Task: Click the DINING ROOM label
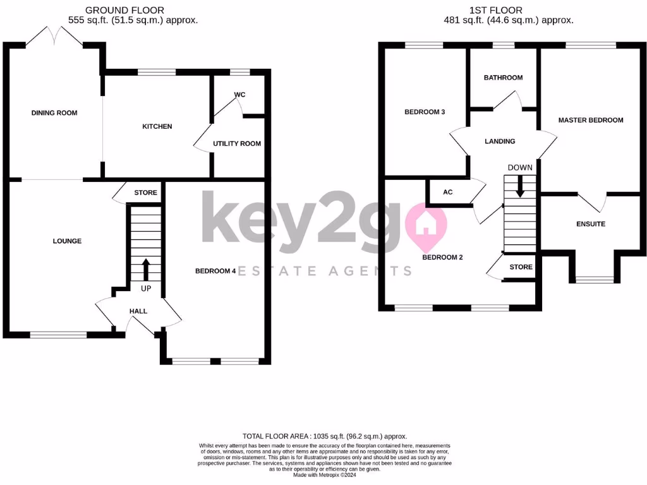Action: pyautogui.click(x=54, y=113)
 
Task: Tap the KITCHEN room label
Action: pyautogui.click(x=157, y=126)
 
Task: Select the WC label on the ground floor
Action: pyautogui.click(x=239, y=95)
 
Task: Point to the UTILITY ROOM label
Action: pyautogui.click(x=237, y=143)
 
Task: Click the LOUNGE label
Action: pyautogui.click(x=67, y=241)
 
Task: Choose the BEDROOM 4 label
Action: pyautogui.click(x=215, y=271)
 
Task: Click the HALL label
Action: pyautogui.click(x=138, y=311)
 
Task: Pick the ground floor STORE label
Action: pyautogui.click(x=146, y=193)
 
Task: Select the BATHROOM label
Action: pyautogui.click(x=503, y=78)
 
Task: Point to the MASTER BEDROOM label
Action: pyautogui.click(x=591, y=120)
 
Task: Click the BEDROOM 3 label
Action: pyautogui.click(x=425, y=112)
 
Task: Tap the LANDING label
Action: pyautogui.click(x=500, y=141)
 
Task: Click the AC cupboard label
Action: pyautogui.click(x=448, y=192)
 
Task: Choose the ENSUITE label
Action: pyautogui.click(x=591, y=224)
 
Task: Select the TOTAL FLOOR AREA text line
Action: pyautogui.click(x=325, y=436)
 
